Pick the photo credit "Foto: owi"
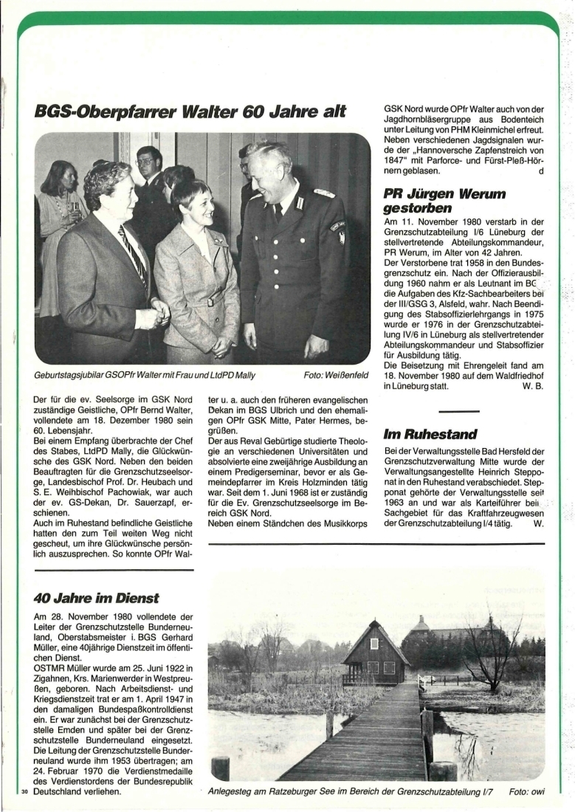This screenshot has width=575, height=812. pyautogui.click(x=526, y=792)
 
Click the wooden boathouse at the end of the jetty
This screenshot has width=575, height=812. pyautogui.click(x=375, y=653)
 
